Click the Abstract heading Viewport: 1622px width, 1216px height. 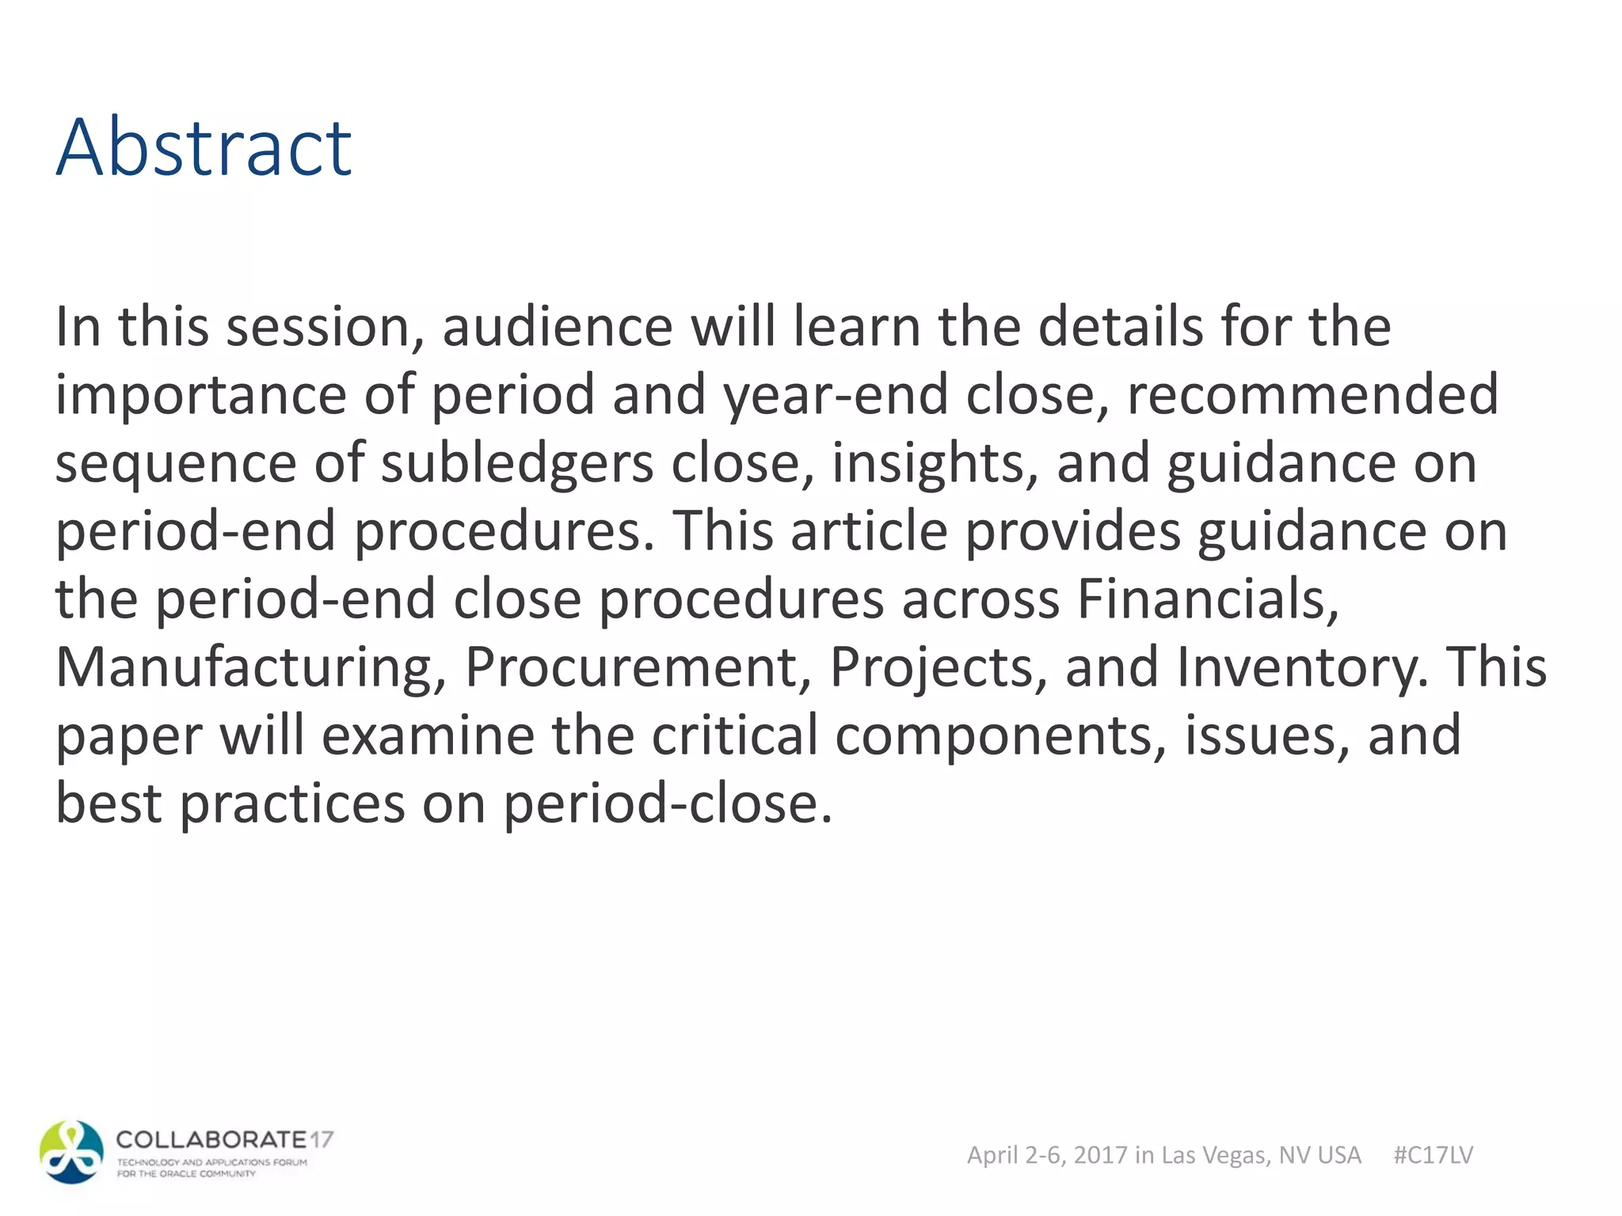coord(204,147)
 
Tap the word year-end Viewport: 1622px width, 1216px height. coord(835,395)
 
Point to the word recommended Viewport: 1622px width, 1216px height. coord(1312,395)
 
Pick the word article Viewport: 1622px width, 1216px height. coord(869,531)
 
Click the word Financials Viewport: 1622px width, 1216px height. coord(1207,599)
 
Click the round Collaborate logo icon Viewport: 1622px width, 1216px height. coord(71,1153)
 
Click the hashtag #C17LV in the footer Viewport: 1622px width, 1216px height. coord(1433,1155)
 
